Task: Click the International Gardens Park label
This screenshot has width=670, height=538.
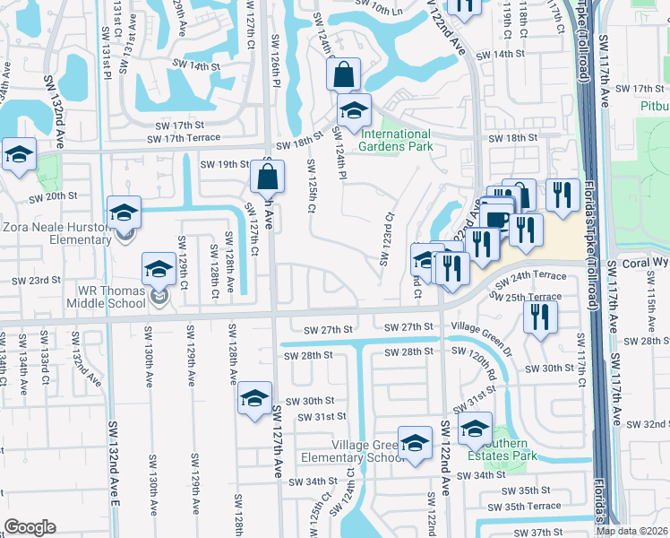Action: (x=395, y=140)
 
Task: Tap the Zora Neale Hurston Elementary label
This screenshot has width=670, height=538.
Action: (x=56, y=233)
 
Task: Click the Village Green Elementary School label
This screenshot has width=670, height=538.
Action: (x=369, y=451)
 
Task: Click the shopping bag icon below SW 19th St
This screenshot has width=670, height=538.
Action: (x=268, y=178)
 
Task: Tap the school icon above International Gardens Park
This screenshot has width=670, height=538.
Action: (x=354, y=111)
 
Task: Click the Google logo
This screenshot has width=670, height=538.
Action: (x=30, y=527)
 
